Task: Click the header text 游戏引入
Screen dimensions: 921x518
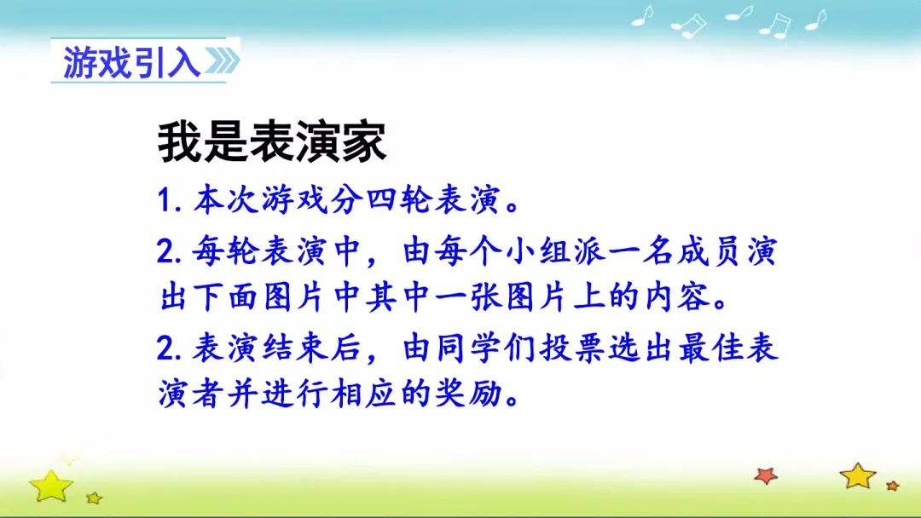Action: (132, 62)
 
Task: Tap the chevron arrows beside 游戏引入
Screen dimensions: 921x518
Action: (222, 61)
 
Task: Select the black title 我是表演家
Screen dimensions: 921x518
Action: (272, 142)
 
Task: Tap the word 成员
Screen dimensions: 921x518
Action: (710, 251)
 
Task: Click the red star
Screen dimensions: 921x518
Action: (766, 475)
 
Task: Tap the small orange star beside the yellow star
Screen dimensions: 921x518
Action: (893, 485)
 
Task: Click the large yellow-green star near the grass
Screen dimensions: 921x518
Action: (51, 486)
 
